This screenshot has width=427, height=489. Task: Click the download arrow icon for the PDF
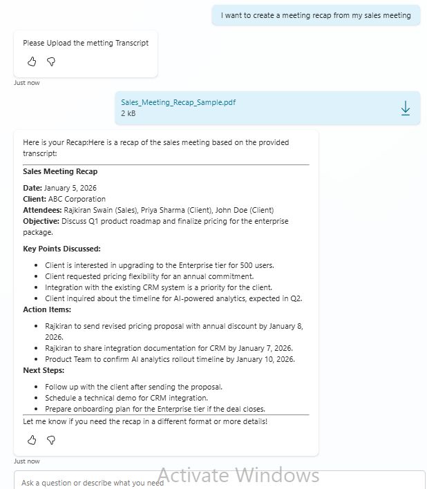click(406, 108)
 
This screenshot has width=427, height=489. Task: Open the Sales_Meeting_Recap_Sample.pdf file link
click(178, 102)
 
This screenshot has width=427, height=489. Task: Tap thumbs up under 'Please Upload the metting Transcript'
click(32, 61)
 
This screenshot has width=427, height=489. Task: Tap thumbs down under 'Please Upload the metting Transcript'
click(51, 61)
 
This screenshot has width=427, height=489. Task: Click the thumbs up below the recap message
click(32, 440)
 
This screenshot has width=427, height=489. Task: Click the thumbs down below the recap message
click(51, 440)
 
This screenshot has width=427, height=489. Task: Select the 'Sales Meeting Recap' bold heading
click(60, 171)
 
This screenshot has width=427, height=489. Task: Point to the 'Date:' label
click(32, 188)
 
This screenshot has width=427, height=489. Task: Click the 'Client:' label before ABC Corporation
click(35, 199)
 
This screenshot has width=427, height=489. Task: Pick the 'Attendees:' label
click(42, 210)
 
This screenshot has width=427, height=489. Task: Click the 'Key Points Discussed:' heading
click(61, 249)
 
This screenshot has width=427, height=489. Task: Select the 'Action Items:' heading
click(47, 309)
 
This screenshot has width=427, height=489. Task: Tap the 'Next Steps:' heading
click(44, 370)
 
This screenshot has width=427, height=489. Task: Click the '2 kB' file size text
click(129, 113)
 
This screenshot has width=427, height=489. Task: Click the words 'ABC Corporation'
click(77, 199)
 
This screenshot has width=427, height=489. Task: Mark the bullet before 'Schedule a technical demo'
click(37, 399)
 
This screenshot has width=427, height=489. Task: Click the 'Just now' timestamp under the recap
click(27, 461)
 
